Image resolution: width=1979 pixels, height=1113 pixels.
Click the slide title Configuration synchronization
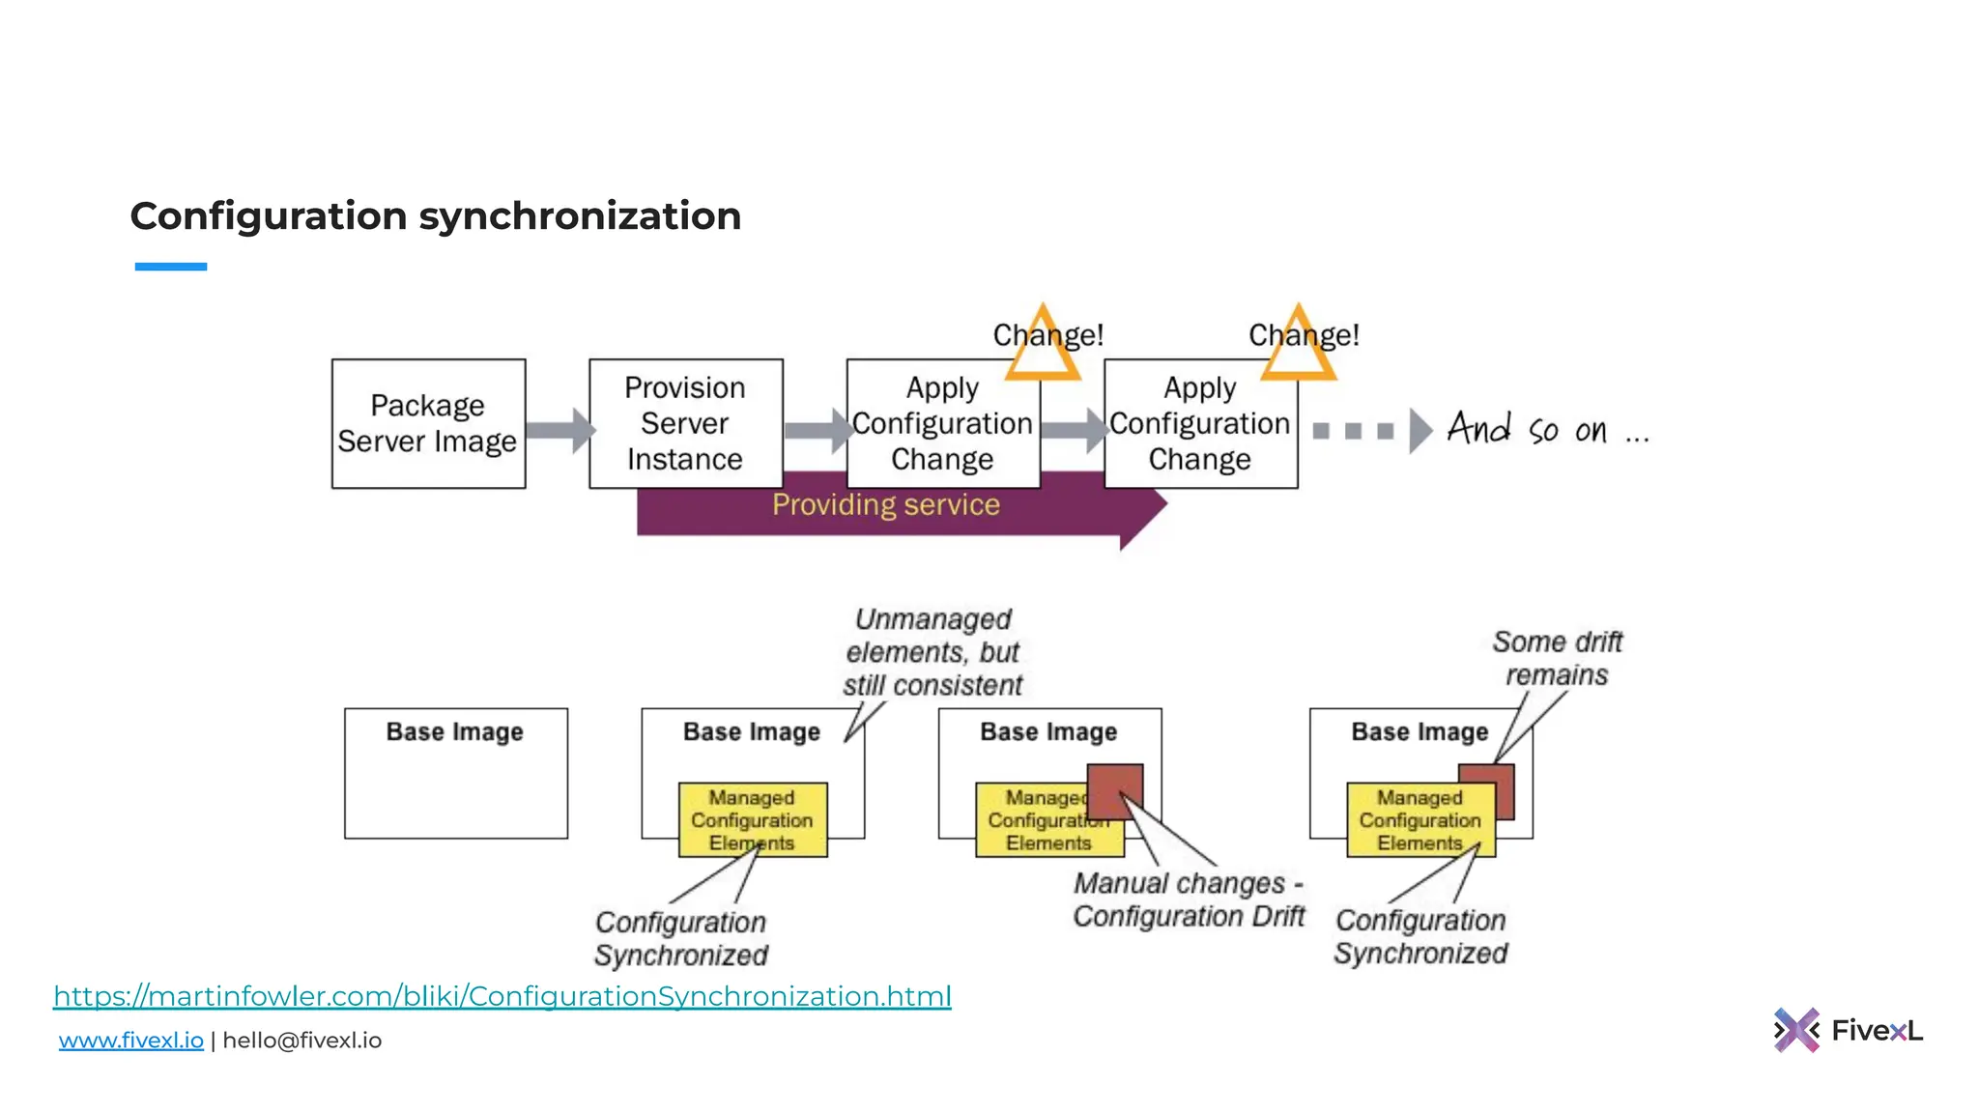[435, 215]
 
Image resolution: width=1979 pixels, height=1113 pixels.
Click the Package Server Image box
[428, 423]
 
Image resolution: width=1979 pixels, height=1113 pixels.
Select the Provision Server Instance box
[685, 423]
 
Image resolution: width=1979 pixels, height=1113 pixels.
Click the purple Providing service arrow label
[885, 504]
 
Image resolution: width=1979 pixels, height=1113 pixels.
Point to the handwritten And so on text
[1546, 429]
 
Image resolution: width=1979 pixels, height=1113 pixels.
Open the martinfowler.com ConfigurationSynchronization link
[502, 995]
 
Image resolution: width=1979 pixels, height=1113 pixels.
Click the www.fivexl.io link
[131, 1041]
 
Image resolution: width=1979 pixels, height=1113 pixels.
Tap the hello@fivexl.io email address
[302, 1041]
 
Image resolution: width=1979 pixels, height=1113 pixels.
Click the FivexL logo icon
[1796, 1030]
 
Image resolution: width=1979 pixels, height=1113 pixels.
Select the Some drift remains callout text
[1557, 658]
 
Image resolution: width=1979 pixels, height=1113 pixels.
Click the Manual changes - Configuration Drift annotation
[1189, 899]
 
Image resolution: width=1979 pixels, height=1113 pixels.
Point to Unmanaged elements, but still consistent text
[932, 652]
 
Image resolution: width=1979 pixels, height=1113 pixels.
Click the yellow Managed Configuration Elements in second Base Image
[752, 819]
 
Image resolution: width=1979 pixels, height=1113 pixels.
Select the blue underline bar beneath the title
[171, 267]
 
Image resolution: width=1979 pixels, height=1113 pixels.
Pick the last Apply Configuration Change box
[1200, 423]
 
